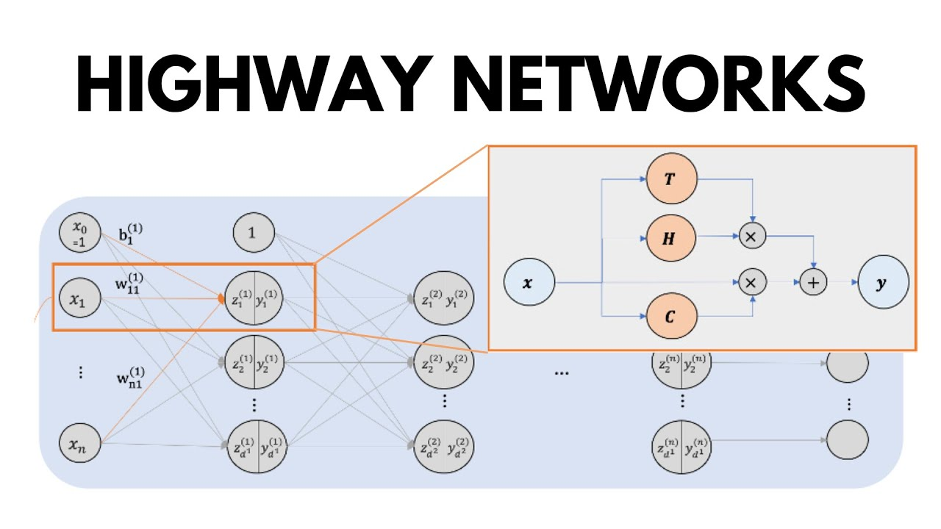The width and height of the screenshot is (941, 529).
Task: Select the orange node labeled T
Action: point(670,180)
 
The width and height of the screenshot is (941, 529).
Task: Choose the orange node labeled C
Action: point(670,316)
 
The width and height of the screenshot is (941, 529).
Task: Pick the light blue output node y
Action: point(883,282)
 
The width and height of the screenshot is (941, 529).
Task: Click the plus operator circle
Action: point(813,282)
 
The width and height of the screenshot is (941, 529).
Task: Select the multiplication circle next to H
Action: point(751,237)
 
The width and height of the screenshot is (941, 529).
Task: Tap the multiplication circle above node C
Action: point(751,282)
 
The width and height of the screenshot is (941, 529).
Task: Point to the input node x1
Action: point(79,299)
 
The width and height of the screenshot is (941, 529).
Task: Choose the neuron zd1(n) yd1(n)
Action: point(681,447)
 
